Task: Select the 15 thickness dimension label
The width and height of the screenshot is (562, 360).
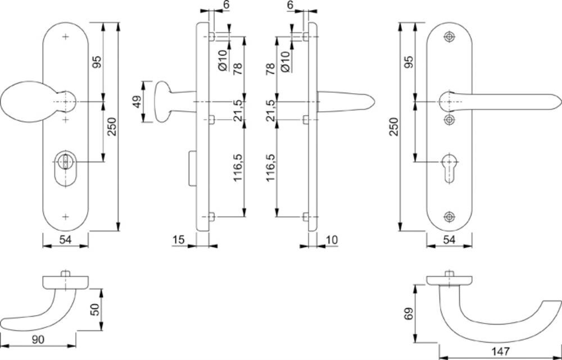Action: [178, 240]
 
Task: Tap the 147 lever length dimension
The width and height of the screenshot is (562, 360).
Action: [500, 352]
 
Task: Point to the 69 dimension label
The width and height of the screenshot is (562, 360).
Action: [409, 313]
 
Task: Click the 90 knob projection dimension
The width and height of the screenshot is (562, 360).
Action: [38, 339]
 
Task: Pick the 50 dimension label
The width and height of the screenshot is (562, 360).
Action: [94, 309]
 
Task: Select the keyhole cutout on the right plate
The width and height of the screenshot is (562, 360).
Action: [449, 168]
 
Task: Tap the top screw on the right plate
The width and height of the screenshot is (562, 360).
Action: [449, 37]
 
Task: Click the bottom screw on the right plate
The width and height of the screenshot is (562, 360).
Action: [449, 217]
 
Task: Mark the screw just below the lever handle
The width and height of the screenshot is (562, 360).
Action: [449, 119]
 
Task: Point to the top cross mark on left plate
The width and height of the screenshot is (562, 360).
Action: [66, 37]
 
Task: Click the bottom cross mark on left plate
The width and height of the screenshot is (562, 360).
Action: [66, 217]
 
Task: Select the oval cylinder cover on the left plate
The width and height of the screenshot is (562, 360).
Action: [66, 168]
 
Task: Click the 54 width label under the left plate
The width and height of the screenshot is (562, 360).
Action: [65, 240]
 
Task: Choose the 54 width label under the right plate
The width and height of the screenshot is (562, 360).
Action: [449, 240]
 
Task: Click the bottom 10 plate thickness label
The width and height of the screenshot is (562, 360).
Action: [332, 240]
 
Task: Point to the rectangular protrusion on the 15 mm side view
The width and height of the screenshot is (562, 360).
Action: [192, 168]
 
